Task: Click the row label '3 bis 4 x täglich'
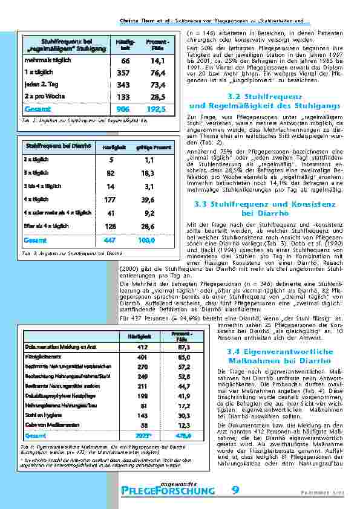(x=42, y=186)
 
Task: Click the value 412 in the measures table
(x=143, y=346)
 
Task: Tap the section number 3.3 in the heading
(x=203, y=204)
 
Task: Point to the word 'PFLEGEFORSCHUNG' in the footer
(x=168, y=491)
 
